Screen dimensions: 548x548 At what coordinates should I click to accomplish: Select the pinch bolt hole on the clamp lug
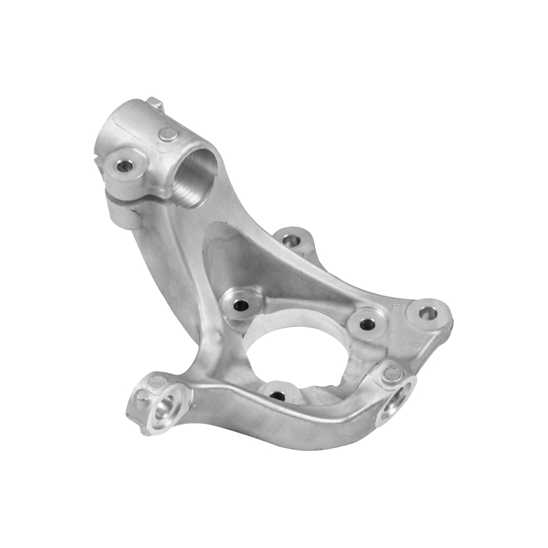point(125,166)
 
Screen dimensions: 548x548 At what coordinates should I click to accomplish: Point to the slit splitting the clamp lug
point(130,197)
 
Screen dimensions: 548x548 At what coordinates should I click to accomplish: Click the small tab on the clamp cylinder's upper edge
point(155,104)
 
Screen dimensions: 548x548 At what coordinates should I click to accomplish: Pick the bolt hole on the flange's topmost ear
point(291,240)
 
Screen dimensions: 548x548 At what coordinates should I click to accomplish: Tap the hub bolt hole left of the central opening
point(240,307)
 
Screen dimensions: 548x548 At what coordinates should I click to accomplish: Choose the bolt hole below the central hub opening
point(278,395)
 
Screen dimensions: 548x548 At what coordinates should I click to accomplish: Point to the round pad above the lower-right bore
point(392,373)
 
